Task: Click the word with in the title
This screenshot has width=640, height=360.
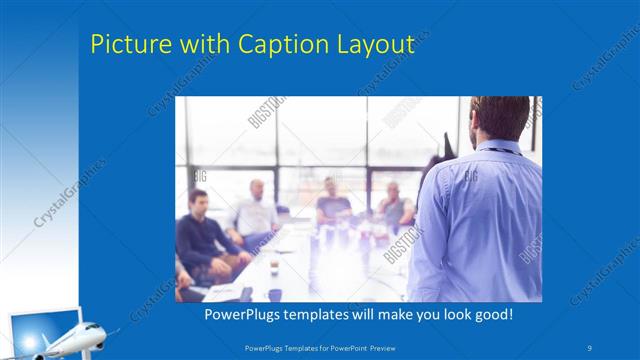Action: coord(204,44)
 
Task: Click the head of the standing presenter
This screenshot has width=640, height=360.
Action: coord(495,118)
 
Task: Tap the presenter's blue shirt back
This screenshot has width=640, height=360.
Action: coord(480,220)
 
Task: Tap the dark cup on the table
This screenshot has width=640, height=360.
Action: coord(274,293)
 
